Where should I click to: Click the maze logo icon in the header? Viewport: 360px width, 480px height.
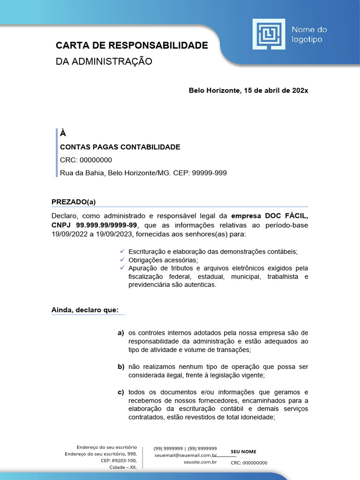pyautogui.click(x=269, y=34)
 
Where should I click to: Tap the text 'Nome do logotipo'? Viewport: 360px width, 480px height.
pyautogui.click(x=309, y=34)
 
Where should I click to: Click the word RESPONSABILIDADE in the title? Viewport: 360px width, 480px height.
pyautogui.click(x=158, y=45)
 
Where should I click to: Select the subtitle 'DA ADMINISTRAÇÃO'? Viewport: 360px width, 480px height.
pyautogui.click(x=104, y=61)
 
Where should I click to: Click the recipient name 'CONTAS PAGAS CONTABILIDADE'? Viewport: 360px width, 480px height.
pyautogui.click(x=120, y=147)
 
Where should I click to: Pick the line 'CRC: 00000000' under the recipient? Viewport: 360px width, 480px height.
pyautogui.click(x=86, y=160)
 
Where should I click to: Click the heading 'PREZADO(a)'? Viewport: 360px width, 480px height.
pyautogui.click(x=73, y=202)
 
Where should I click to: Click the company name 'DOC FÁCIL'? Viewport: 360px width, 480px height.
pyautogui.click(x=287, y=216)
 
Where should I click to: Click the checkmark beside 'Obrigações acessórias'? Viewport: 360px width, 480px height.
pyautogui.click(x=121, y=260)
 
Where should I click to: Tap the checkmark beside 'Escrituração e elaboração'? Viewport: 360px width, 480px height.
pyautogui.click(x=121, y=251)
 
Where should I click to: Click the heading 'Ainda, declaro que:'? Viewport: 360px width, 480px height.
pyautogui.click(x=85, y=310)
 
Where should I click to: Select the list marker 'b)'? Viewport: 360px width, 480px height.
pyautogui.click(x=121, y=367)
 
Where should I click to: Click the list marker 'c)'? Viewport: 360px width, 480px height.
pyautogui.click(x=121, y=392)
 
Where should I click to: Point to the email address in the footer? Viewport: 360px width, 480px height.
pyautogui.click(x=186, y=455)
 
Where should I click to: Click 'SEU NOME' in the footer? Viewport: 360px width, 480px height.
pyautogui.click(x=244, y=451)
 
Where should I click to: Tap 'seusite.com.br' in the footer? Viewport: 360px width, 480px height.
pyautogui.click(x=200, y=462)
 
